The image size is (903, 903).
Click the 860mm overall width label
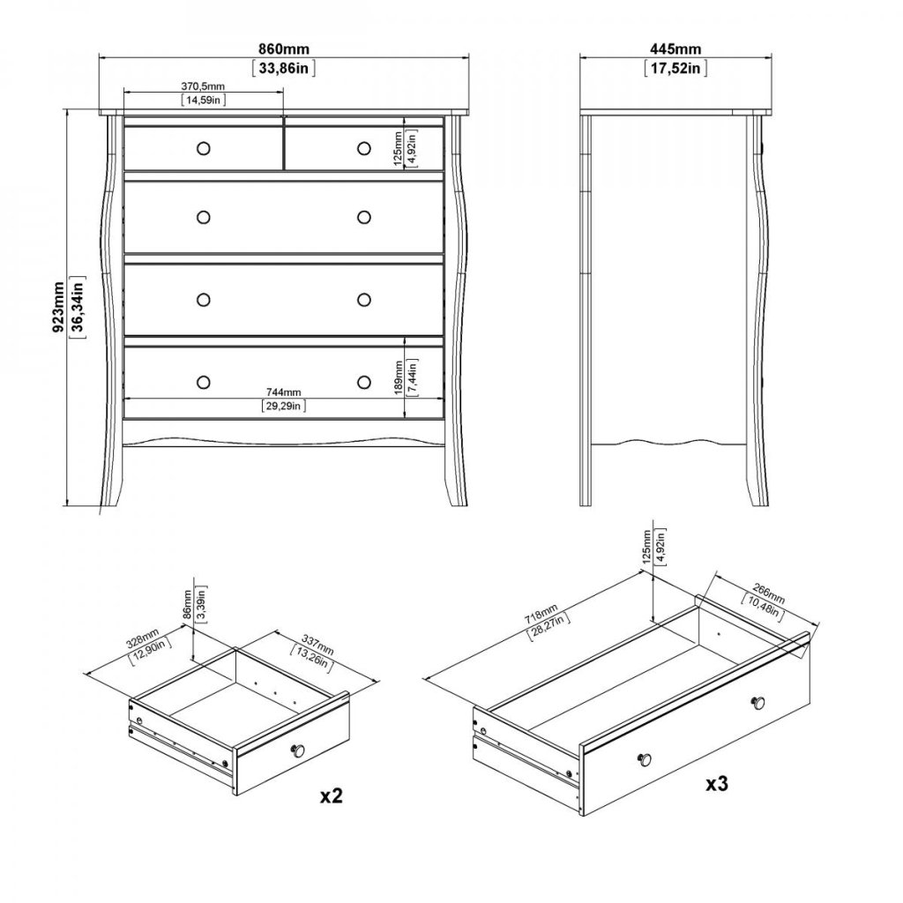click(x=284, y=50)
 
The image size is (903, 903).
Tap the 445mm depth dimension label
click(x=675, y=50)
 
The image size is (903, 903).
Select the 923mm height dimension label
click(x=58, y=308)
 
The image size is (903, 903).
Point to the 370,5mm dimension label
click(x=204, y=86)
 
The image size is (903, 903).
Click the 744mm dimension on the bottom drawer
click(x=284, y=392)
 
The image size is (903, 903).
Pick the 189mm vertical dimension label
click(x=398, y=377)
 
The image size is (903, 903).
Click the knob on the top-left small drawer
click(x=204, y=148)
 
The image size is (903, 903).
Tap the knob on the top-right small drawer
click(x=363, y=148)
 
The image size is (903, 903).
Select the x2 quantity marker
click(x=332, y=795)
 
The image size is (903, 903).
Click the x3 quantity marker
click(x=717, y=783)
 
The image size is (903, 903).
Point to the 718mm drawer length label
click(x=541, y=614)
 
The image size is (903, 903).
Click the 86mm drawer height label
click(x=187, y=603)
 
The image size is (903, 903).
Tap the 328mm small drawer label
click(x=142, y=639)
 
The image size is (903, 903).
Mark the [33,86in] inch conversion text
click(x=284, y=69)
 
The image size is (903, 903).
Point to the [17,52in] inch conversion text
click(x=675, y=69)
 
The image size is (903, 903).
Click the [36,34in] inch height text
click(x=78, y=308)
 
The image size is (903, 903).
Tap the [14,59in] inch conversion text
click(x=204, y=100)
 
